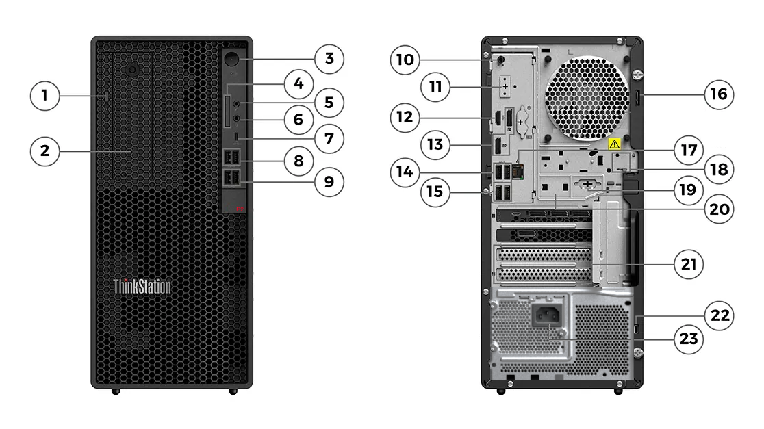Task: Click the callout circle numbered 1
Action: click(45, 95)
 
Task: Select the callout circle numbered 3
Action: click(329, 58)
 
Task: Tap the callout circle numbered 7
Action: click(329, 138)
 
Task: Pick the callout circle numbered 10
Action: click(405, 60)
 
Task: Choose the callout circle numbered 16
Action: click(719, 94)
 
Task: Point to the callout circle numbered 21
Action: click(689, 264)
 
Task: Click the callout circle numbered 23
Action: click(689, 339)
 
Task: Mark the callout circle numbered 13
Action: click(435, 145)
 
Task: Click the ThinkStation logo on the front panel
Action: click(142, 286)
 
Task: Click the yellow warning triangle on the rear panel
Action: click(614, 144)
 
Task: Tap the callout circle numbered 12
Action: click(405, 117)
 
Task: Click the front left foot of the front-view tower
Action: click(115, 391)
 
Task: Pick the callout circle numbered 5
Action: click(329, 103)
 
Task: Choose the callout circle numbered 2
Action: click(45, 151)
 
